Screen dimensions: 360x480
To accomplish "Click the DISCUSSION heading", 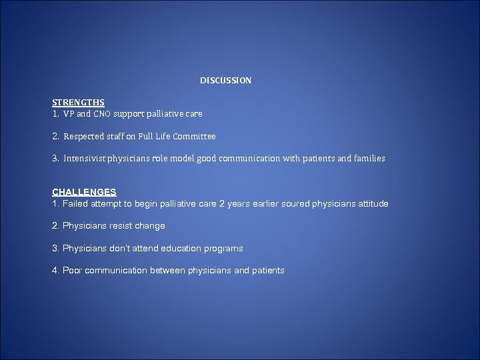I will [225, 81].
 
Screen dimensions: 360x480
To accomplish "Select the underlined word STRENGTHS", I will [78, 103].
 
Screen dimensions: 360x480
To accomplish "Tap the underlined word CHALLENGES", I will [84, 192].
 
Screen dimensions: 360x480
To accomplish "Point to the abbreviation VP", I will [69, 114].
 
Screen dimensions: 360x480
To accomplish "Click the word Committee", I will [194, 137].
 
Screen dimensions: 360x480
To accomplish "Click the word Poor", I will [73, 270].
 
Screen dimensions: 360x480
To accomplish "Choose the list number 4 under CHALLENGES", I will [55, 270].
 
